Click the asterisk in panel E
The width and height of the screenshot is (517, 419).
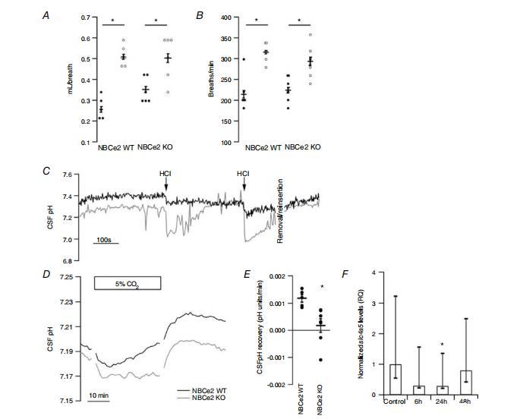pyautogui.click(x=324, y=287)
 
